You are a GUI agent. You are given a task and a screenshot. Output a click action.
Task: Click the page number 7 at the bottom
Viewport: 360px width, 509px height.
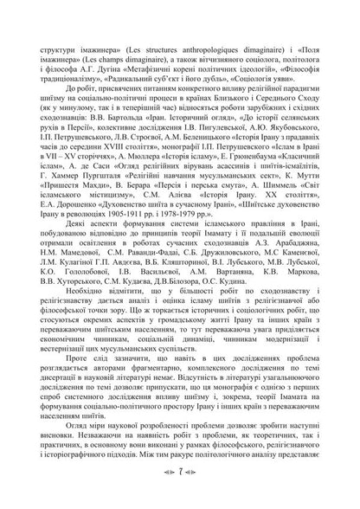[x=180, y=475]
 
